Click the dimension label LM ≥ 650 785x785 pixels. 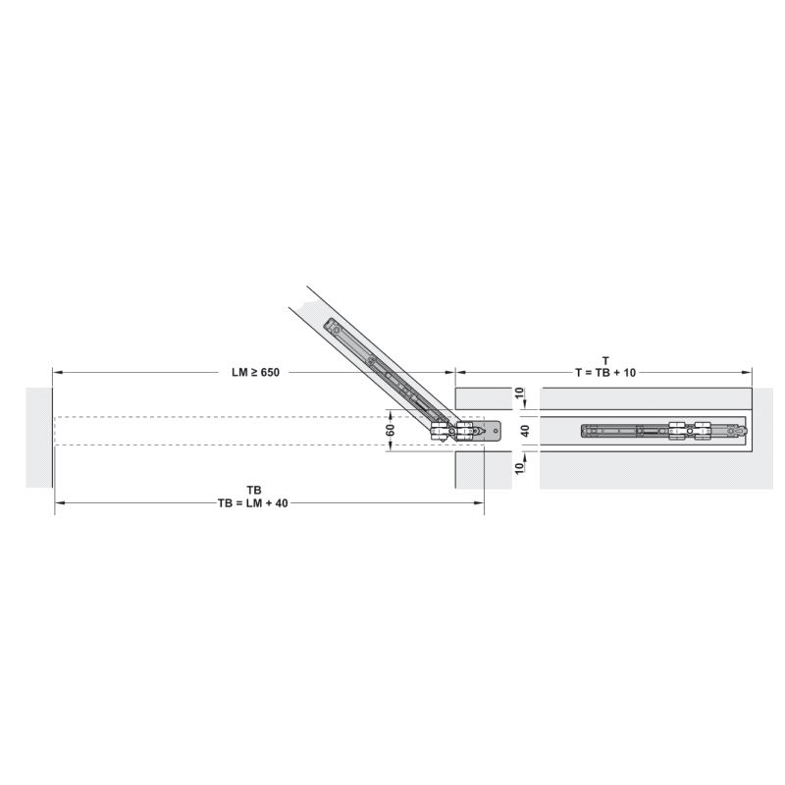pos(255,373)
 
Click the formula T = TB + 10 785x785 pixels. pos(605,373)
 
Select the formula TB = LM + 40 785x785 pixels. pos(253,503)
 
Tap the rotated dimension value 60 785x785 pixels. pos(391,430)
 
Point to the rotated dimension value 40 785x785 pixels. pos(525,430)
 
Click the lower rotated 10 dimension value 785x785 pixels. pos(519,468)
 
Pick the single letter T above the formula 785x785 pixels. pos(605,360)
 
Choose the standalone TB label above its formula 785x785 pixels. pos(254,490)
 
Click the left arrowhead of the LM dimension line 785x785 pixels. pos(57,372)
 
